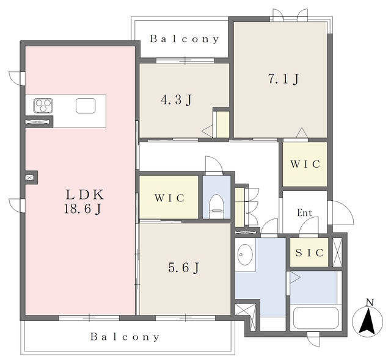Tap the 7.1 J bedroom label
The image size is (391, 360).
(x=283, y=79)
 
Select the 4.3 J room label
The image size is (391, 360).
(x=177, y=100)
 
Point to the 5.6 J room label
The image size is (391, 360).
(x=184, y=268)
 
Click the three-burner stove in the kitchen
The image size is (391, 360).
(x=43, y=105)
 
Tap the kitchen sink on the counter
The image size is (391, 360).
(x=86, y=106)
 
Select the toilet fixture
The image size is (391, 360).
(x=216, y=206)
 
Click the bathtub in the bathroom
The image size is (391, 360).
(x=316, y=318)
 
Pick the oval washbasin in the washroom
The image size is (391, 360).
(x=245, y=254)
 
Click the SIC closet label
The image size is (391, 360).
(x=310, y=253)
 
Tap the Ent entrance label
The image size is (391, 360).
(x=305, y=212)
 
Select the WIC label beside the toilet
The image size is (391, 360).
(x=170, y=198)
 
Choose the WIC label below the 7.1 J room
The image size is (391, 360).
(x=305, y=164)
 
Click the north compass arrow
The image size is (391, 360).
(x=367, y=322)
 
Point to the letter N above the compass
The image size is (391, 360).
(x=370, y=303)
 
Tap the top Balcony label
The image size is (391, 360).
(x=185, y=39)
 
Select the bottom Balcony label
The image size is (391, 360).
(x=125, y=337)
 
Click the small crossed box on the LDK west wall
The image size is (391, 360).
(x=29, y=178)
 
